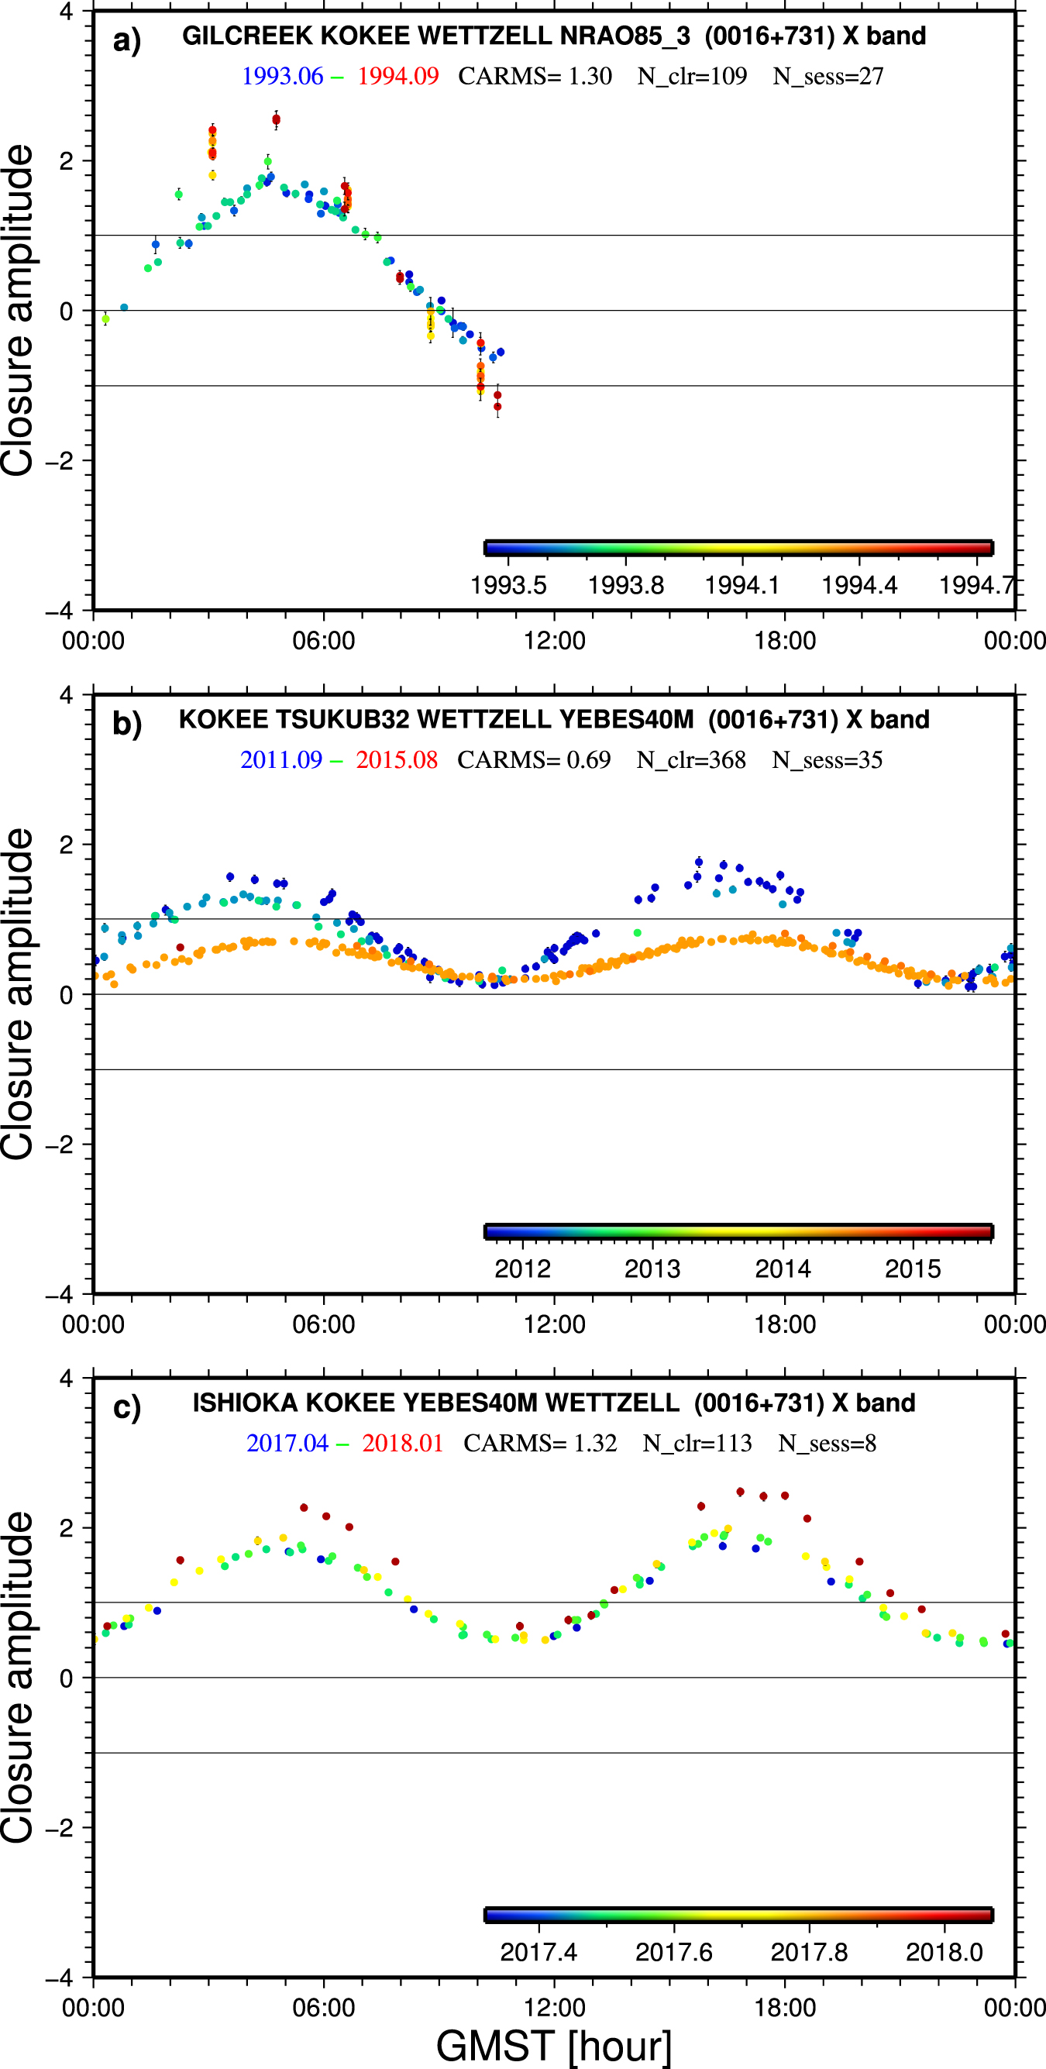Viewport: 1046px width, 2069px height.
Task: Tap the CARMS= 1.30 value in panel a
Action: pyautogui.click(x=535, y=76)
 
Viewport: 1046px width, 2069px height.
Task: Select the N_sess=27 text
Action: pyautogui.click(x=828, y=76)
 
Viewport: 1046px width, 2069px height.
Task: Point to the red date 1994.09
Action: pyautogui.click(x=397, y=76)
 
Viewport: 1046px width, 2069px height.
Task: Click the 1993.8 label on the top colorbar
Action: pyautogui.click(x=625, y=585)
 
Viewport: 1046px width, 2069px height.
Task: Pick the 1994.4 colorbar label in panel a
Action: pyautogui.click(x=858, y=585)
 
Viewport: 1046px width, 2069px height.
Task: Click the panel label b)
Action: pyautogui.click(x=127, y=724)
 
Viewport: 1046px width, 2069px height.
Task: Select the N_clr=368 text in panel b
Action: pyautogui.click(x=691, y=760)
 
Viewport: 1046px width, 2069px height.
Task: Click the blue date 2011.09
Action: pyautogui.click(x=281, y=760)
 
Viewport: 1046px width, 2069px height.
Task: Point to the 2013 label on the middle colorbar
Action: pyautogui.click(x=652, y=1269)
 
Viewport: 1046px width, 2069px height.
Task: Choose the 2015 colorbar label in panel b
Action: pyautogui.click(x=913, y=1269)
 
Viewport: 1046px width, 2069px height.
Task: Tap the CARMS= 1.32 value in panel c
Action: pyautogui.click(x=540, y=1444)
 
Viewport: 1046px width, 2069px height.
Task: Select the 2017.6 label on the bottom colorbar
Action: pyautogui.click(x=673, y=1953)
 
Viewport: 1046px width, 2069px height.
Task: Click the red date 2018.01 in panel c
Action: pyautogui.click(x=402, y=1444)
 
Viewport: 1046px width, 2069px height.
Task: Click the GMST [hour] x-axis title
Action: pyautogui.click(x=553, y=2046)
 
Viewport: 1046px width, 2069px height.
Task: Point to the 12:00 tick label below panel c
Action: pyautogui.click(x=554, y=2008)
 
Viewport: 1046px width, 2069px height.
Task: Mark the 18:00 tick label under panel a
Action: pyautogui.click(x=785, y=641)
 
